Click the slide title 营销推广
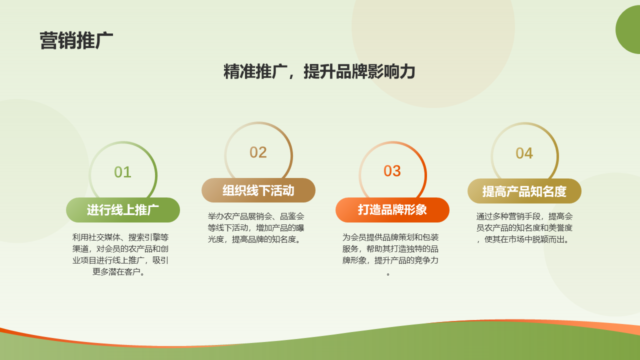tap(76, 41)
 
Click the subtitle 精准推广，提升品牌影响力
tap(319, 71)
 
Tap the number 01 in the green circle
tap(122, 172)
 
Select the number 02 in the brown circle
tap(258, 152)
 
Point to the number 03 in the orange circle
tap(392, 171)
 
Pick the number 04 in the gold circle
tap(524, 153)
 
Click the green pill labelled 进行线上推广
tap(123, 210)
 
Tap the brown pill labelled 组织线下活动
tap(258, 190)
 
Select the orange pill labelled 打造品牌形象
tap(392, 209)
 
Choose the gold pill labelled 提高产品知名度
tap(524, 191)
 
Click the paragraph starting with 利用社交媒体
tap(120, 254)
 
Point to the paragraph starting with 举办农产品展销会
tap(255, 227)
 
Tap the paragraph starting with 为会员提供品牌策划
tap(390, 254)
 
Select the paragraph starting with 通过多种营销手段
tap(524, 227)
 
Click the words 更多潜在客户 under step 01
tap(116, 271)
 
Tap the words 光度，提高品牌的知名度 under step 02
tap(251, 239)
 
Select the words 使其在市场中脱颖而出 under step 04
tap(525, 239)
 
